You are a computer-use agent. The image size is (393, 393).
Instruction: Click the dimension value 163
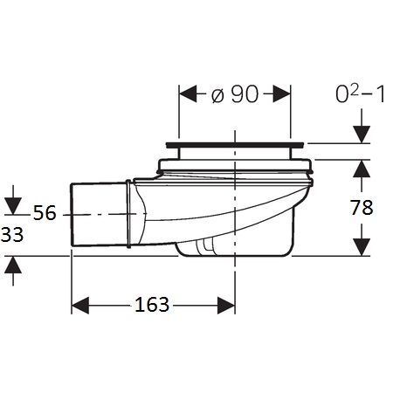coord(152,305)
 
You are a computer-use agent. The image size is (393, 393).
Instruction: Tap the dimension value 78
coord(362,208)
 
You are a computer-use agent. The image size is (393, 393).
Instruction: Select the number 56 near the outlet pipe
coord(45,212)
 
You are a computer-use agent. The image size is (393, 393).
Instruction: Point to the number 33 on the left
coord(12,235)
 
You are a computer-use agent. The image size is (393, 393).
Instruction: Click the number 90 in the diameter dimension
coord(245,94)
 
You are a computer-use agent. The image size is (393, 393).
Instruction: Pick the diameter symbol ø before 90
coord(217,95)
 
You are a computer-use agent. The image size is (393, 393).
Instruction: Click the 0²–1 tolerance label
coord(361,94)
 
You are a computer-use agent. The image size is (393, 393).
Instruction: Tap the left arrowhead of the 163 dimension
coord(80,306)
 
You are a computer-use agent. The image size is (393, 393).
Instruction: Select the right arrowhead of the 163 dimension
coord(226,306)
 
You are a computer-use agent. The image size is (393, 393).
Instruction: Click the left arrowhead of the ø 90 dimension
coord(188,93)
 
